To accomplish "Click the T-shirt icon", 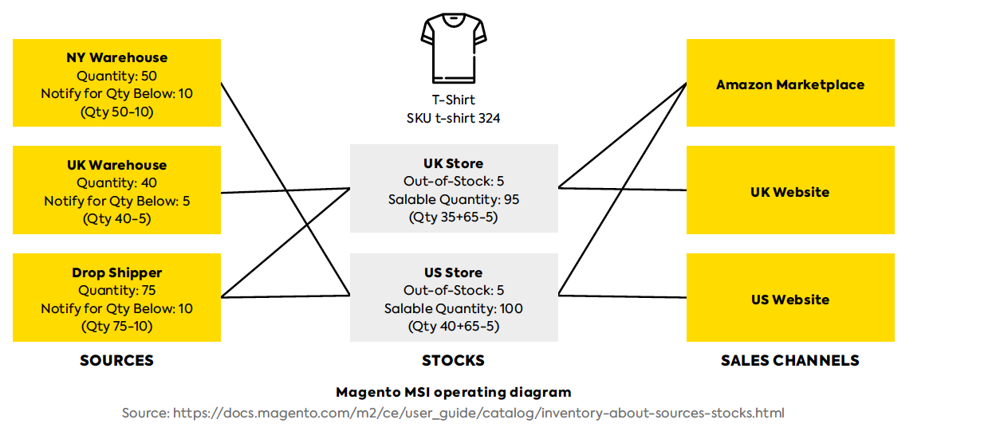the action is [x=454, y=48].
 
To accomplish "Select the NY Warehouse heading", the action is [x=117, y=57].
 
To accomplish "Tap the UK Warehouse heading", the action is [x=117, y=165].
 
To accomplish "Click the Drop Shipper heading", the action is [x=117, y=272].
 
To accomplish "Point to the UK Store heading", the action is [x=454, y=163].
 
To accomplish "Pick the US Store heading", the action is [x=454, y=272].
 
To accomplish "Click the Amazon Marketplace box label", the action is [x=790, y=84].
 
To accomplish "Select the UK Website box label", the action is [x=790, y=192].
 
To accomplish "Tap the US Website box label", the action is [x=790, y=300].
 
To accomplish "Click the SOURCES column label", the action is [x=117, y=360].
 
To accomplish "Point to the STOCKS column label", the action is [x=454, y=360].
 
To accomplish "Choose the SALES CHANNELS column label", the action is [x=790, y=360].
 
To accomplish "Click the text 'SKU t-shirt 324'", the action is [x=454, y=118].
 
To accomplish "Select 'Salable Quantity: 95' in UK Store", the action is [x=454, y=199].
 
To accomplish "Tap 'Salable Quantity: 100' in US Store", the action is [x=454, y=308].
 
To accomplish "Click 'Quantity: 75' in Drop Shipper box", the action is [x=117, y=290].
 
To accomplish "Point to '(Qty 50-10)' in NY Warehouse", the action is [x=117, y=112].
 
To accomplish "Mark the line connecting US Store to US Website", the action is [x=623, y=296].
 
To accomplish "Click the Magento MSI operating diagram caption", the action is [x=454, y=392].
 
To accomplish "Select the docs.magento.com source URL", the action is [x=478, y=413].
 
